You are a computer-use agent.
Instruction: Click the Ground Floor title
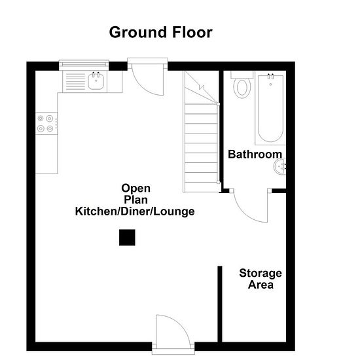(x=161, y=33)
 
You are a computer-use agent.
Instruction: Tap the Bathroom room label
(x=255, y=154)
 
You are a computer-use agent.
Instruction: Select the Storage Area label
(x=261, y=279)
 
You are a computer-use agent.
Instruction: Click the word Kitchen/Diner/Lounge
(x=135, y=211)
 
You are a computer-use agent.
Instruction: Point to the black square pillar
(x=127, y=238)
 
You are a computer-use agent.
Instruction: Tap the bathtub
(x=270, y=108)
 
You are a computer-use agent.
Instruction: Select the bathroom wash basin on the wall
(x=279, y=166)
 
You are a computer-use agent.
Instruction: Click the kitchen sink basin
(x=96, y=82)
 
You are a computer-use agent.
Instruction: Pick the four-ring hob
(x=46, y=123)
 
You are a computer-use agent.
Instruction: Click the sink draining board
(x=75, y=82)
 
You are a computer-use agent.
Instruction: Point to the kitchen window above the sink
(x=84, y=65)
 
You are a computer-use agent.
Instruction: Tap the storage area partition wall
(x=220, y=304)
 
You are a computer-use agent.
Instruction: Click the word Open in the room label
(x=136, y=189)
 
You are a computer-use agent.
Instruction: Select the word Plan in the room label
(x=135, y=200)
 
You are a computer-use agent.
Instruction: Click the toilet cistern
(x=242, y=75)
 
